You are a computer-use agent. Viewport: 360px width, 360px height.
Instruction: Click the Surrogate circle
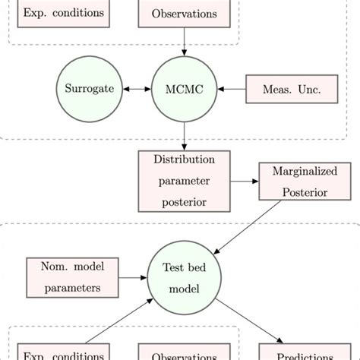pyautogui.click(x=89, y=89)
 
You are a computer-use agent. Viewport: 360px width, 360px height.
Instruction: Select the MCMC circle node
pyautogui.click(x=183, y=89)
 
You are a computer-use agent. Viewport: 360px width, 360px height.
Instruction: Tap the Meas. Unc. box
pyautogui.click(x=292, y=90)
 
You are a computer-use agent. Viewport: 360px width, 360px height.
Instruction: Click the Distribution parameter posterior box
pyautogui.click(x=183, y=182)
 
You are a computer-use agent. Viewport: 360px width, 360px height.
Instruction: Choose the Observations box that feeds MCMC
pyautogui.click(x=183, y=14)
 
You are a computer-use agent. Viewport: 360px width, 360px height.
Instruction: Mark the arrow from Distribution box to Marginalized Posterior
pyautogui.click(x=243, y=182)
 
